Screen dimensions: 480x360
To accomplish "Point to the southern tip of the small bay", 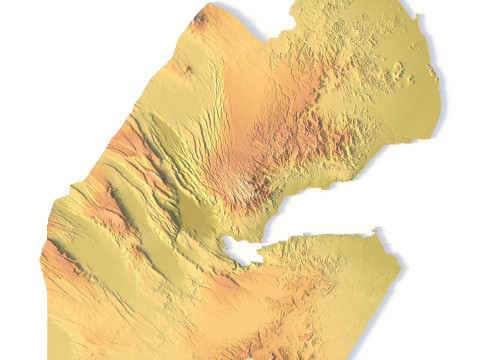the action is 246,264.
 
